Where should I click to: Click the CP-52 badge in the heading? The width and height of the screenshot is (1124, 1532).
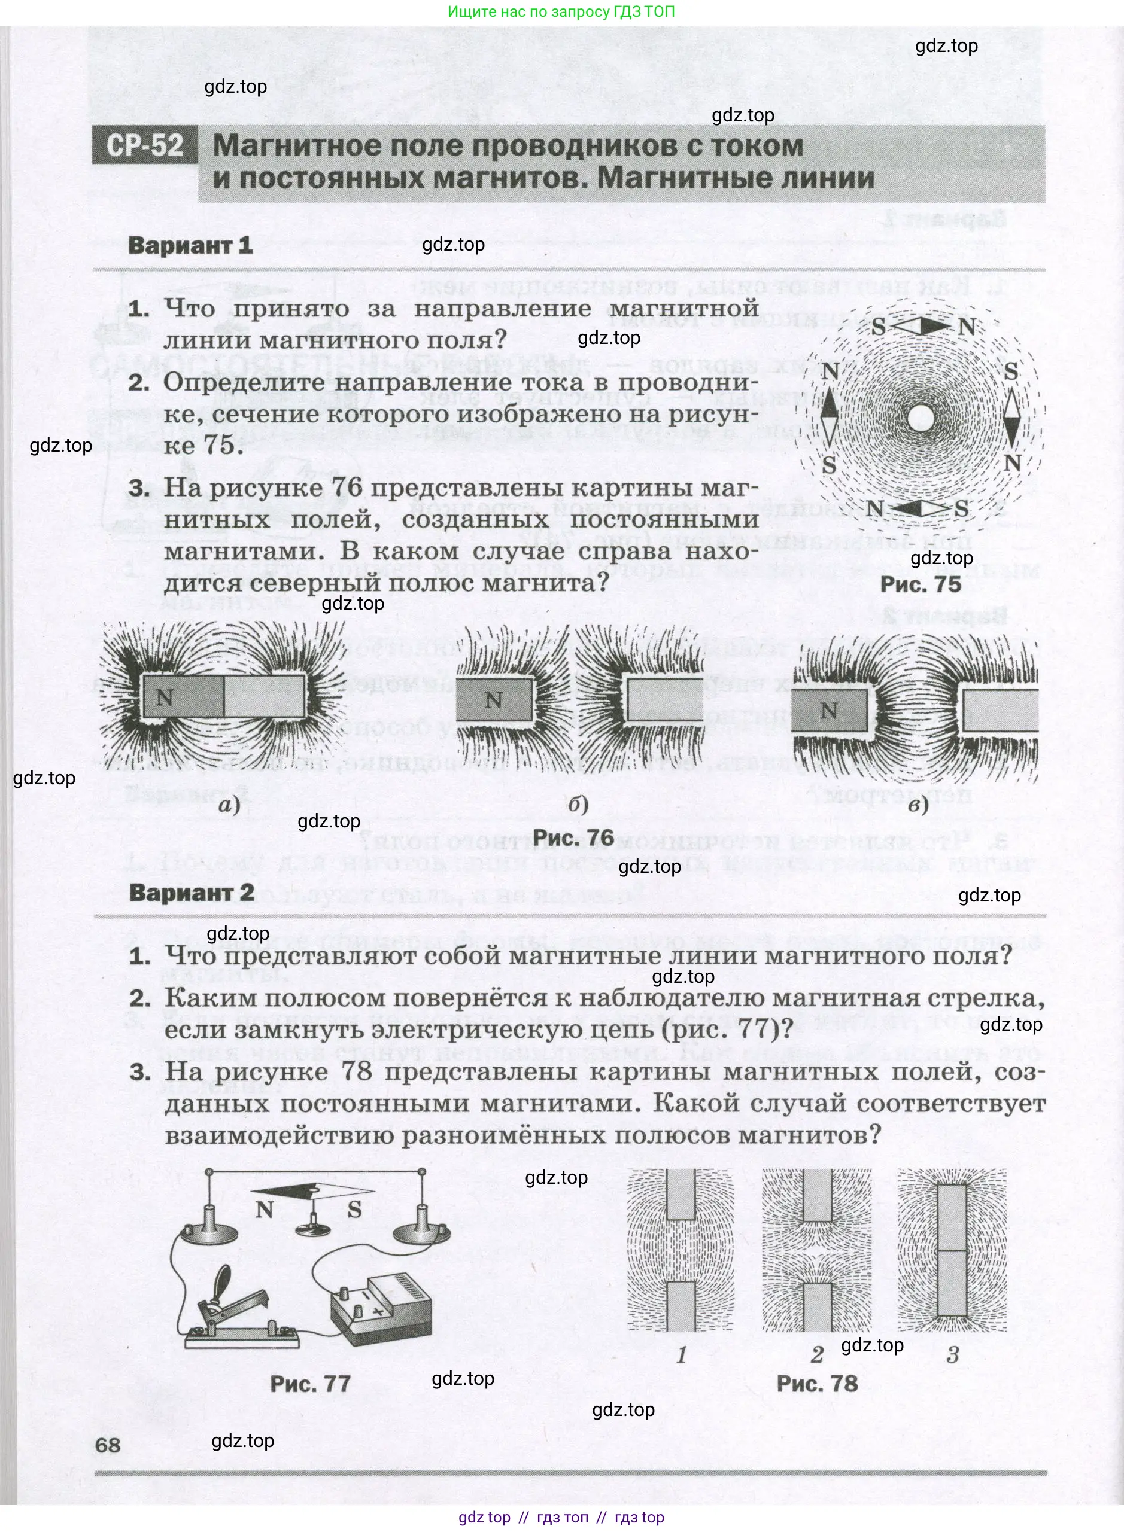[x=145, y=146]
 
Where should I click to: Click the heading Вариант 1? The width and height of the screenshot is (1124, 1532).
[x=190, y=245]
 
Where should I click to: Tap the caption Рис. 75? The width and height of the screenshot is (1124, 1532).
[x=921, y=584]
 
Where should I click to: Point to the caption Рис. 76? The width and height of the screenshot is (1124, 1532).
[x=573, y=837]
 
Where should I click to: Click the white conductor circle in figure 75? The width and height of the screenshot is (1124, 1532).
[x=922, y=417]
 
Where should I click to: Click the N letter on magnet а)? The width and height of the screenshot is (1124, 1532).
[x=165, y=698]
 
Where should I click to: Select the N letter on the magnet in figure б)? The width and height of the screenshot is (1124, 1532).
[x=494, y=700]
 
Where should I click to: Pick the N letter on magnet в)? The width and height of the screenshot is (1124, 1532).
[x=828, y=711]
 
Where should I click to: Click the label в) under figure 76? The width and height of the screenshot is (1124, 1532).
[x=919, y=806]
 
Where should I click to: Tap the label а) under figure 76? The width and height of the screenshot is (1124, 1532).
[x=229, y=806]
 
